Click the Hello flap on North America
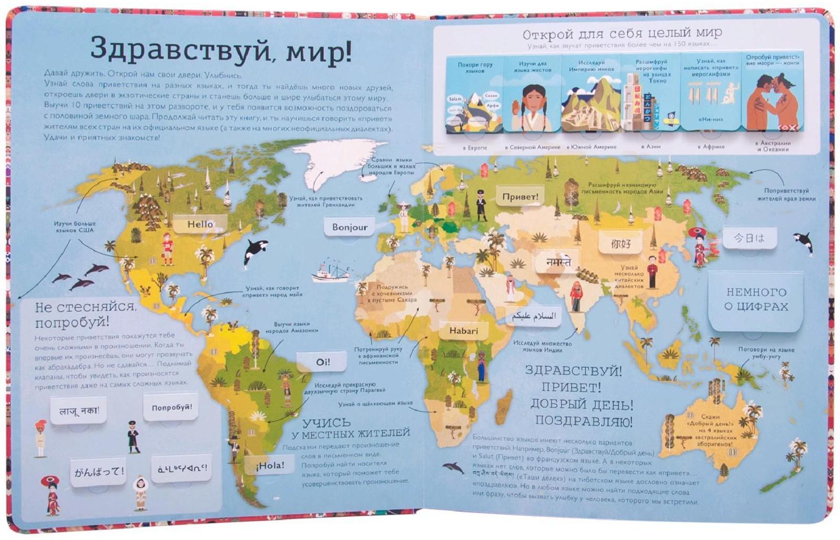[x=200, y=224]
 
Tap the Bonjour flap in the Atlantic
[x=350, y=227]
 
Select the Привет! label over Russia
[x=520, y=197]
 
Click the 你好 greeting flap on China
[x=621, y=244]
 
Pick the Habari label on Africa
[x=464, y=331]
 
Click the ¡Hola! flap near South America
[x=270, y=465]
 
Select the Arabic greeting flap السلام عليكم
[x=533, y=316]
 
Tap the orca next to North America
[x=255, y=251]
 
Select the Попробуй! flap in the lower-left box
[x=171, y=407]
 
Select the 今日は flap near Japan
[x=749, y=238]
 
